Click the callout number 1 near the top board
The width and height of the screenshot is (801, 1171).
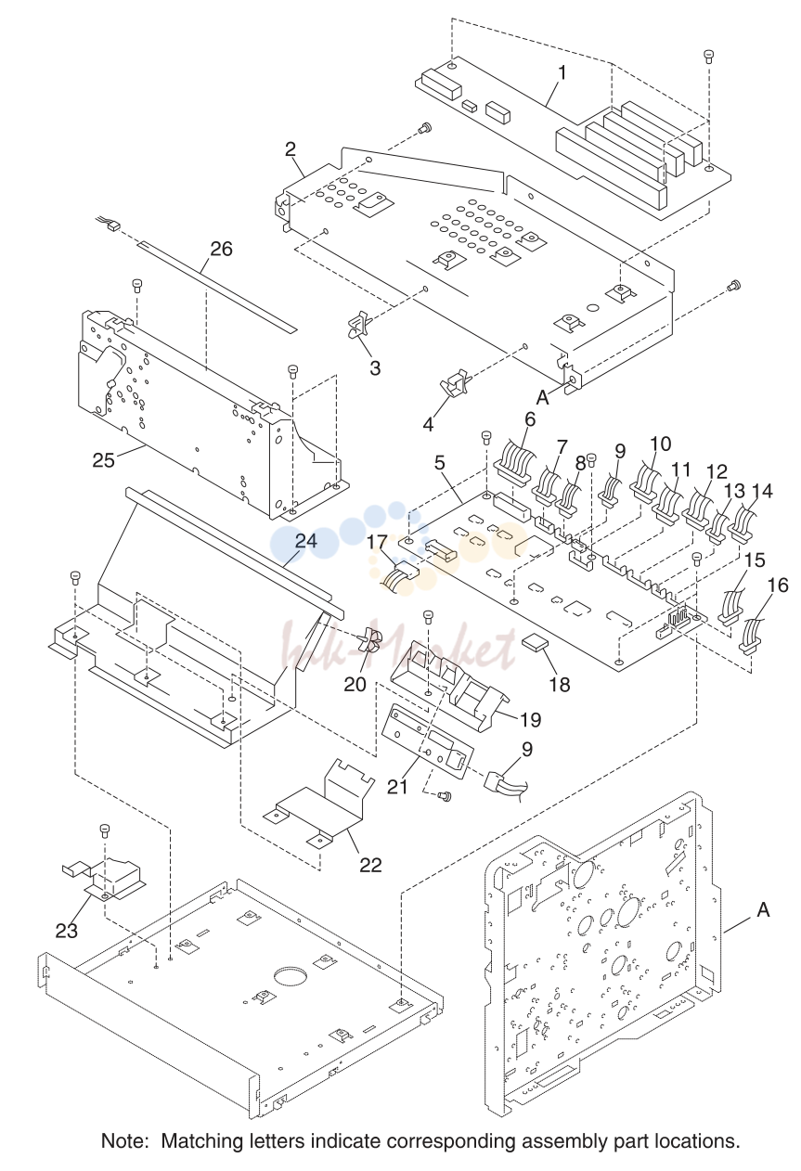[x=562, y=72]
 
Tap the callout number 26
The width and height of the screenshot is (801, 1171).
[x=221, y=249]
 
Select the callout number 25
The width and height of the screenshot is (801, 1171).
[x=104, y=460]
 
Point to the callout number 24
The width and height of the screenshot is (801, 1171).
[x=306, y=540]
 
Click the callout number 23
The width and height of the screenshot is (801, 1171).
[x=67, y=931]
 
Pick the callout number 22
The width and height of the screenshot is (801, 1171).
[x=370, y=865]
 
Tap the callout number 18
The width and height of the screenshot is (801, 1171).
[x=559, y=685]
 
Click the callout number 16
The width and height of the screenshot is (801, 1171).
[x=778, y=585]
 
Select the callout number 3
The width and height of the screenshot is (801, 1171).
[x=375, y=368]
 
